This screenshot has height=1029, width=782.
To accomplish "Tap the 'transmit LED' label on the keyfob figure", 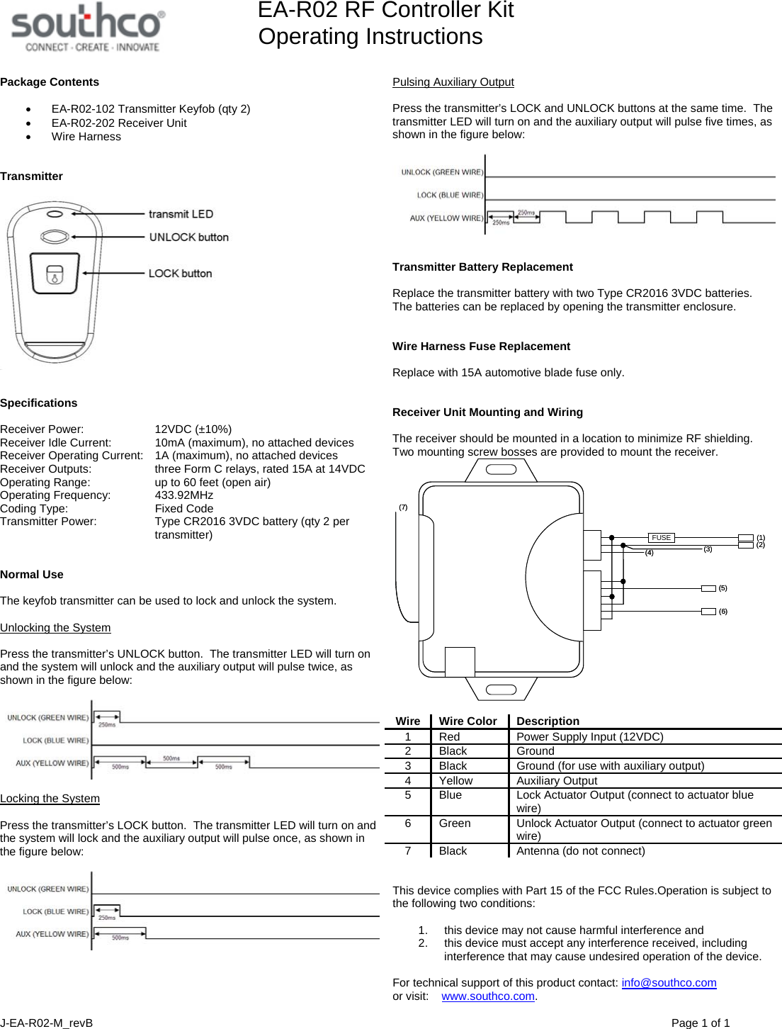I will click(x=181, y=214).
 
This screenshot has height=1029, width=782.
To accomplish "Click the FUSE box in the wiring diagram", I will click(x=661, y=538).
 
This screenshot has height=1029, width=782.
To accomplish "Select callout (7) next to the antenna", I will click(x=403, y=507).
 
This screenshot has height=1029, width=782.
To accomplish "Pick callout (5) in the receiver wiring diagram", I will click(x=722, y=588).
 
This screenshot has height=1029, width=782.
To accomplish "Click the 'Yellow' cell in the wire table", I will click(x=455, y=781).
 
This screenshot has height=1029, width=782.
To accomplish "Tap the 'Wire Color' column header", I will click(x=467, y=721).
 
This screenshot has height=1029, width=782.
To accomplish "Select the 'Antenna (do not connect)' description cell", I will click(x=580, y=851).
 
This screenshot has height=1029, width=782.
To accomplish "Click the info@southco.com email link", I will click(x=669, y=983).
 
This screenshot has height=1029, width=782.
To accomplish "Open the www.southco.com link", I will click(x=488, y=996).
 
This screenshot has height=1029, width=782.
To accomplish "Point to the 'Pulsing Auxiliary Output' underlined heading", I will click(x=453, y=82).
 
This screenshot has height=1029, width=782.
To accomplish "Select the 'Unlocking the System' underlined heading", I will click(x=55, y=628).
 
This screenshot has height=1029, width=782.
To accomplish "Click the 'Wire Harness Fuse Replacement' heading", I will click(x=481, y=347).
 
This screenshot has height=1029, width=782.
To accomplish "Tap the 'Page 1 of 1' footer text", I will click(x=700, y=1023).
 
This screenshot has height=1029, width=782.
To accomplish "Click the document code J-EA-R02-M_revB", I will click(x=47, y=1023).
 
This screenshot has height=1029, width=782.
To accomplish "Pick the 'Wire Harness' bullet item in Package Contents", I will click(x=86, y=137).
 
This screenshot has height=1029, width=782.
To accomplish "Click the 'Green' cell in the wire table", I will click(x=454, y=823).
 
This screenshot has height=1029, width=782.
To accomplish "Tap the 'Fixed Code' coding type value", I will click(x=183, y=509).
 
